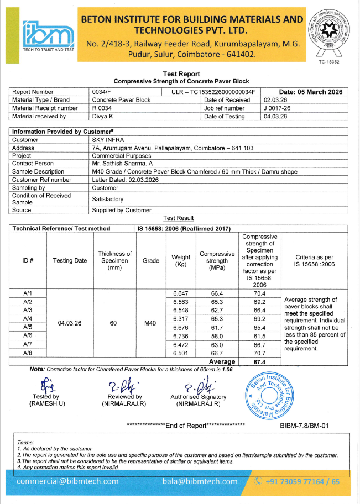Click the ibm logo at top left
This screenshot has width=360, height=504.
coord(48,34)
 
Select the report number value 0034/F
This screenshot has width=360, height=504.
coord(101,92)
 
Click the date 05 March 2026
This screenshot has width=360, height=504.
coord(311,92)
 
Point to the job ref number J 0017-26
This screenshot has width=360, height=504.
coord(278,108)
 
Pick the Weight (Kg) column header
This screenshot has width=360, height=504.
coord(181,260)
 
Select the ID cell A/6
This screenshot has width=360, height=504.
coord(28,335)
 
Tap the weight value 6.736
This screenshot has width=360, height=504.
coord(181,335)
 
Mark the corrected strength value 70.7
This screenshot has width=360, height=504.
coord(260,353)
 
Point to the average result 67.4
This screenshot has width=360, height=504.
coord(260,361)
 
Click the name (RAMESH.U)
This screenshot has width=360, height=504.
coord(47,404)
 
